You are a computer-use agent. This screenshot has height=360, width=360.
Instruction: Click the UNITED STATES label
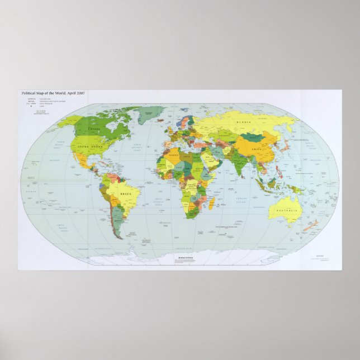point(91,146)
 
